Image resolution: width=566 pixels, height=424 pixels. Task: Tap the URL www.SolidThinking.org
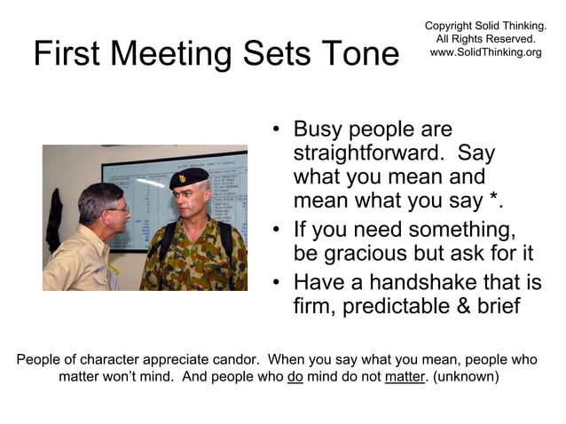click(x=485, y=52)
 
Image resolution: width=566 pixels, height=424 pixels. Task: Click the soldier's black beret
click(x=190, y=178)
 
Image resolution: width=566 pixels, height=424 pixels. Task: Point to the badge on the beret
click(x=182, y=178)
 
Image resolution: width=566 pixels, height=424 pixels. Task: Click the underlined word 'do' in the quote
click(x=295, y=377)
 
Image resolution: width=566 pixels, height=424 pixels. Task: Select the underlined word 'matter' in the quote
click(x=405, y=377)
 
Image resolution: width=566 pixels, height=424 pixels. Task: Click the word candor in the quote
click(x=235, y=360)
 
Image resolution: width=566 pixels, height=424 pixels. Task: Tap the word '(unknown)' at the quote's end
click(x=466, y=377)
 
